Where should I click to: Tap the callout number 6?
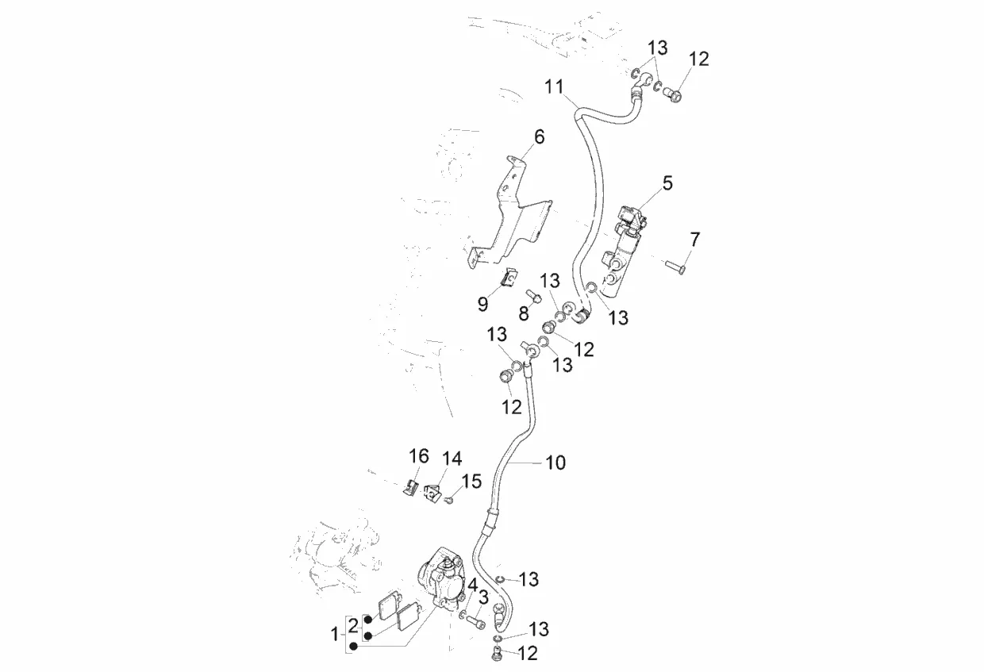(539, 137)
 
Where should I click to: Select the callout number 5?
(667, 183)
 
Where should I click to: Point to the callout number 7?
(695, 239)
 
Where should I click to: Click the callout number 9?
(482, 302)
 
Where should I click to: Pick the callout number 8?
(523, 314)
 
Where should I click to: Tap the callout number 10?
(555, 463)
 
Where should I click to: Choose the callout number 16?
(418, 456)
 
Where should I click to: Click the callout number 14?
(452, 459)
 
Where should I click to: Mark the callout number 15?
(471, 481)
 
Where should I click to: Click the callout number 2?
(352, 624)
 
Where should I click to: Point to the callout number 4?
(473, 586)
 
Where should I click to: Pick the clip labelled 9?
(509, 278)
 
